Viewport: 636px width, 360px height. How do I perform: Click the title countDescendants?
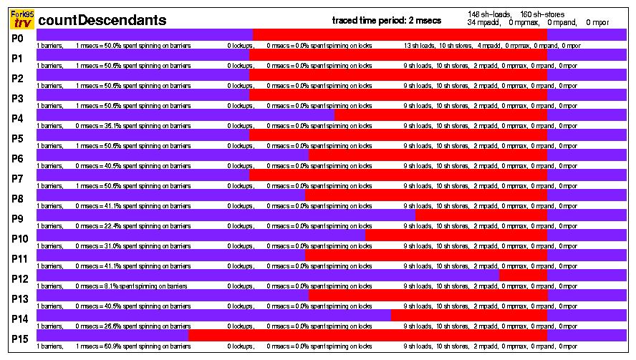[102, 21]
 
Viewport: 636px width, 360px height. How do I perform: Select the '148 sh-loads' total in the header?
[488, 14]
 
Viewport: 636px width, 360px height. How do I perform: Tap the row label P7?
[19, 178]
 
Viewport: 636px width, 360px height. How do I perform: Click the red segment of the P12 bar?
[523, 275]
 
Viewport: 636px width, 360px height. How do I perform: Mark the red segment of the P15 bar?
[367, 335]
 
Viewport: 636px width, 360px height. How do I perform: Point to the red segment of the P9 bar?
[481, 215]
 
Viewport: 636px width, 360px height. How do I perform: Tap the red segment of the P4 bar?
[440, 115]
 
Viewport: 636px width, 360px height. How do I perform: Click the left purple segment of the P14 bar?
[213, 315]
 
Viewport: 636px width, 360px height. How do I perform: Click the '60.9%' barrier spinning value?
[113, 346]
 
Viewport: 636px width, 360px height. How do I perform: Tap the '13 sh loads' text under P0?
[418, 46]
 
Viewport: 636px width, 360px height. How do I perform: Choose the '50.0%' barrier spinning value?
[113, 46]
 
